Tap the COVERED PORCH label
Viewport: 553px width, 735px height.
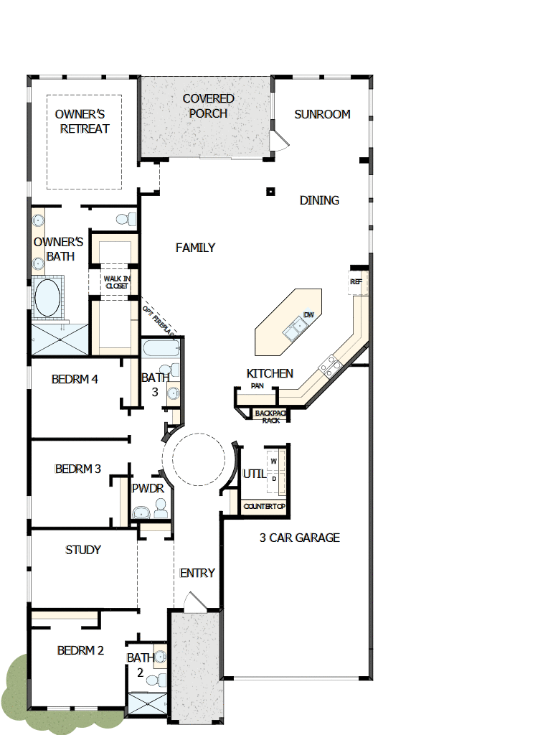click(x=208, y=106)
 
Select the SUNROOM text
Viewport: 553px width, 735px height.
click(x=322, y=114)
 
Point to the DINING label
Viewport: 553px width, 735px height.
click(x=319, y=200)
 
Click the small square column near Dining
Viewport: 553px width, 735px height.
click(x=270, y=191)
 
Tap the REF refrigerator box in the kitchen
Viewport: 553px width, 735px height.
click(x=356, y=282)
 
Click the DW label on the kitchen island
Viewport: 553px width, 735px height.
click(x=308, y=315)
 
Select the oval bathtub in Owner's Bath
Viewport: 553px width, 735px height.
click(x=47, y=298)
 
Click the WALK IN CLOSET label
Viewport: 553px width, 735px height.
click(x=117, y=282)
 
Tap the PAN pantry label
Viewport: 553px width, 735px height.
click(x=257, y=386)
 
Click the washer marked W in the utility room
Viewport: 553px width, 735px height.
click(x=273, y=461)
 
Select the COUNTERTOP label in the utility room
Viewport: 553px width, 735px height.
click(x=265, y=507)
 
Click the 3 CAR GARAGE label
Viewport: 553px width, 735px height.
click(x=299, y=538)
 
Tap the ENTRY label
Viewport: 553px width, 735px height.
click(x=197, y=573)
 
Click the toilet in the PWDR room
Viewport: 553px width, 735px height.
click(x=161, y=510)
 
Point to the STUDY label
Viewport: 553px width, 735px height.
click(x=83, y=550)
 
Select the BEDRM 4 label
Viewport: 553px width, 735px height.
click(x=75, y=379)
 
